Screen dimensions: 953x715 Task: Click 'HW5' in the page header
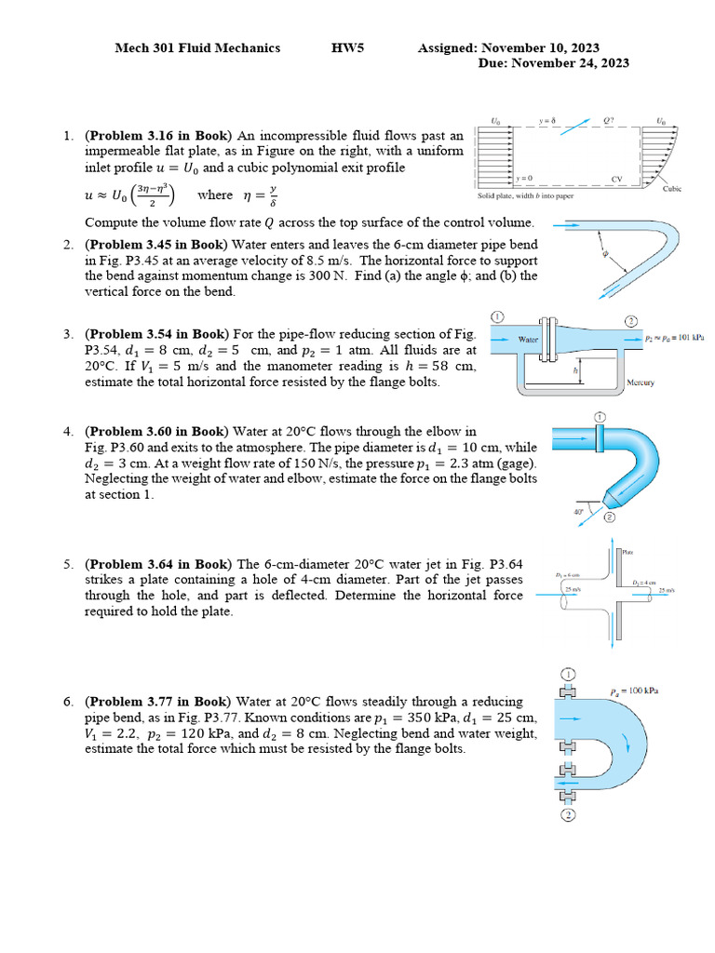[348, 47]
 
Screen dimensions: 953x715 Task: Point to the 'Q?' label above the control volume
[609, 122]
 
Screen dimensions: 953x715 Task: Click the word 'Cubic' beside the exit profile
[671, 188]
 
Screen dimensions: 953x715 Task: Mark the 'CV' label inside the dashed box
[615, 179]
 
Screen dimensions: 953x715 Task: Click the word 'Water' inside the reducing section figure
[529, 340]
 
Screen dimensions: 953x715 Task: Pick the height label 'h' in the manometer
[575, 370]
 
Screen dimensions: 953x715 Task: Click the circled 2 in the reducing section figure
[631, 321]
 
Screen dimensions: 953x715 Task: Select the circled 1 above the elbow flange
[600, 416]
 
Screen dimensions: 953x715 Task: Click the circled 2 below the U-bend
[567, 816]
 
